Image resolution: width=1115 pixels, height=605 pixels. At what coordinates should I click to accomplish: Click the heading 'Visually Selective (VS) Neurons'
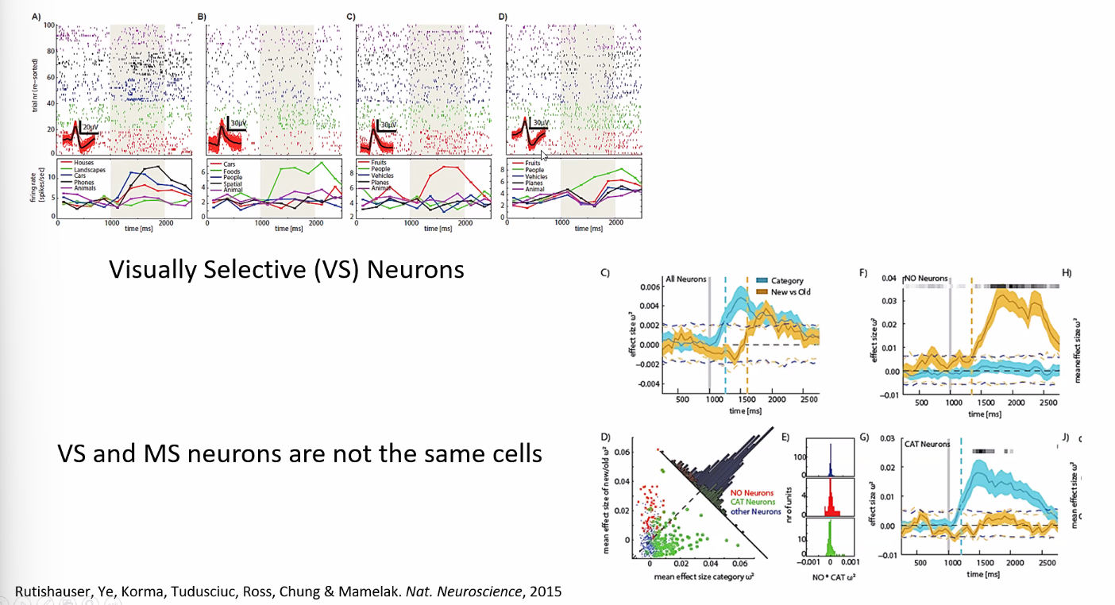point(287,270)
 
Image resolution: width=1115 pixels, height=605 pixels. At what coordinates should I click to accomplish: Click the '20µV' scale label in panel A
point(93,126)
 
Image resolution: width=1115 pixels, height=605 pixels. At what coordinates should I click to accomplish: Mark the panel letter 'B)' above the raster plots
point(202,16)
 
